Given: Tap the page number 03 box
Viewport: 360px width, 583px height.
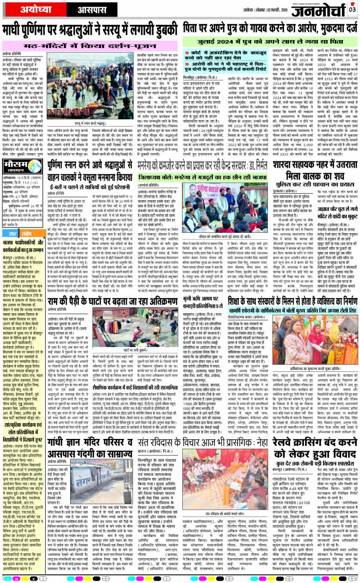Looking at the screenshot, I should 352,8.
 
